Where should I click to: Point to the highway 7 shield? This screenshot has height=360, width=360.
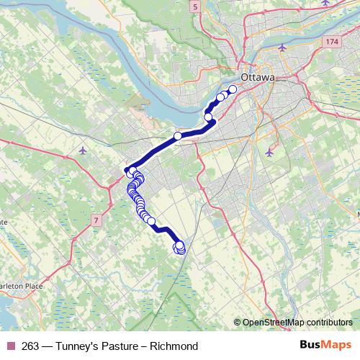pos(96,219)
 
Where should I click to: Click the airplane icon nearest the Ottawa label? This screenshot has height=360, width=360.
pos(281,48)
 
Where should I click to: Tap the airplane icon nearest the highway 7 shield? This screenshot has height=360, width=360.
pos(84,150)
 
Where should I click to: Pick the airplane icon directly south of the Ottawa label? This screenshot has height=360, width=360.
pos(269,152)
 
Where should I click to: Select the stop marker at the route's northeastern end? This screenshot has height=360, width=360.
pos(233,89)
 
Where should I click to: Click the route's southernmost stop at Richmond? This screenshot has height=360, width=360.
pos(179,251)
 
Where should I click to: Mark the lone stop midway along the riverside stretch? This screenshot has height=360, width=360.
pos(178,135)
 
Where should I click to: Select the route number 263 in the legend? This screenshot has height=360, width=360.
pos(30,346)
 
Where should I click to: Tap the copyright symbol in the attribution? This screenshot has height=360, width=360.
pos(237,322)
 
